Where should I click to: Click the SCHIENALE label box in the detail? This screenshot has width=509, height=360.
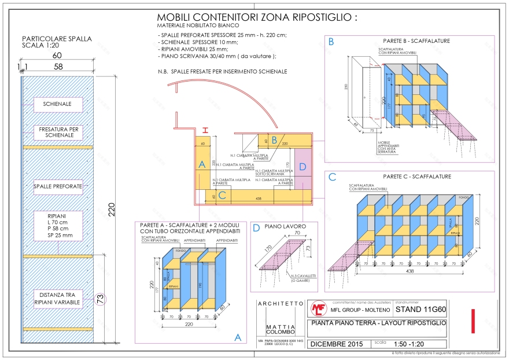[x=58, y=104]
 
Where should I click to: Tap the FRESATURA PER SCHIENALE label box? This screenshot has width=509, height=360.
[x=58, y=133]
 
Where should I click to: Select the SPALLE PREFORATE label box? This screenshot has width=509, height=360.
[x=58, y=186]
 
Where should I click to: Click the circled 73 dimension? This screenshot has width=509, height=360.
[x=100, y=299]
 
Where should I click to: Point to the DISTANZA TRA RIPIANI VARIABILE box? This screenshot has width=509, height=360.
[x=58, y=299]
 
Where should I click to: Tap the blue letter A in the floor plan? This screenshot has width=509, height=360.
[x=202, y=165]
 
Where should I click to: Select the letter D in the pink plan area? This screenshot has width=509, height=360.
[x=303, y=167]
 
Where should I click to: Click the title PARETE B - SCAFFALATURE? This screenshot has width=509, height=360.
[x=416, y=41]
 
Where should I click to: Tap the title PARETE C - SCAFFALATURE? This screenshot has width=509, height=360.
[x=416, y=177]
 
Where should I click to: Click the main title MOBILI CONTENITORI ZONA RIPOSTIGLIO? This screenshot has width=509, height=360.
[x=257, y=17]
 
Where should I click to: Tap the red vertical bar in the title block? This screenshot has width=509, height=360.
[x=473, y=321]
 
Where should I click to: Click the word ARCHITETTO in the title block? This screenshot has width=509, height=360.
[x=280, y=303]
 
